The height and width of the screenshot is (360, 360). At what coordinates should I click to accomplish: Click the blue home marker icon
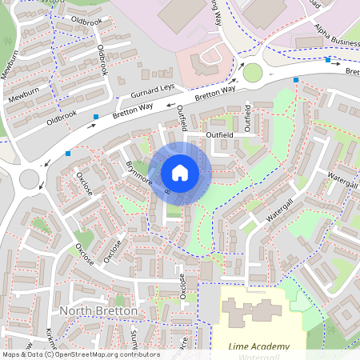pos(180,173)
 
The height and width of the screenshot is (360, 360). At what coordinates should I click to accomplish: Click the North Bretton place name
pos(99,310)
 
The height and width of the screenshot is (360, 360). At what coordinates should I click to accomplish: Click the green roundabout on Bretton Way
pos(253,73)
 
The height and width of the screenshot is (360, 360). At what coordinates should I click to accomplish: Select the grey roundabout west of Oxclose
pos(30,177)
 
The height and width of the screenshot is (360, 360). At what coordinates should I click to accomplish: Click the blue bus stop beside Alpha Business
pos(328,59)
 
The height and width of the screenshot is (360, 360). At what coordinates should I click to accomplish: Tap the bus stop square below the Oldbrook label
pos(96,117)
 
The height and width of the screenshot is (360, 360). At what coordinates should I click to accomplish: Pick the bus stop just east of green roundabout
pos(296,80)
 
